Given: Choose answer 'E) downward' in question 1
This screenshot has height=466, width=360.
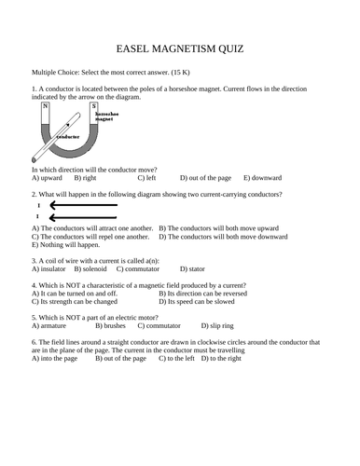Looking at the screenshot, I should pyautogui.click(x=264, y=176).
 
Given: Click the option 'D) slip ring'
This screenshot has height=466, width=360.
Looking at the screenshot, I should pyautogui.click(x=220, y=326).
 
